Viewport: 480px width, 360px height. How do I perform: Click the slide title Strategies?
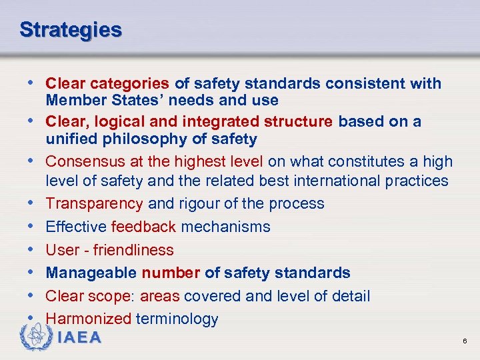coord(71,30)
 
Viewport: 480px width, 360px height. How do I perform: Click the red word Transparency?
coord(94,203)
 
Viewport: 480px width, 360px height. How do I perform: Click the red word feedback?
coord(143,227)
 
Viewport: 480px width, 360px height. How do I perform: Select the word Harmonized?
coord(88,319)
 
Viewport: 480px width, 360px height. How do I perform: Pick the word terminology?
coord(177,319)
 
